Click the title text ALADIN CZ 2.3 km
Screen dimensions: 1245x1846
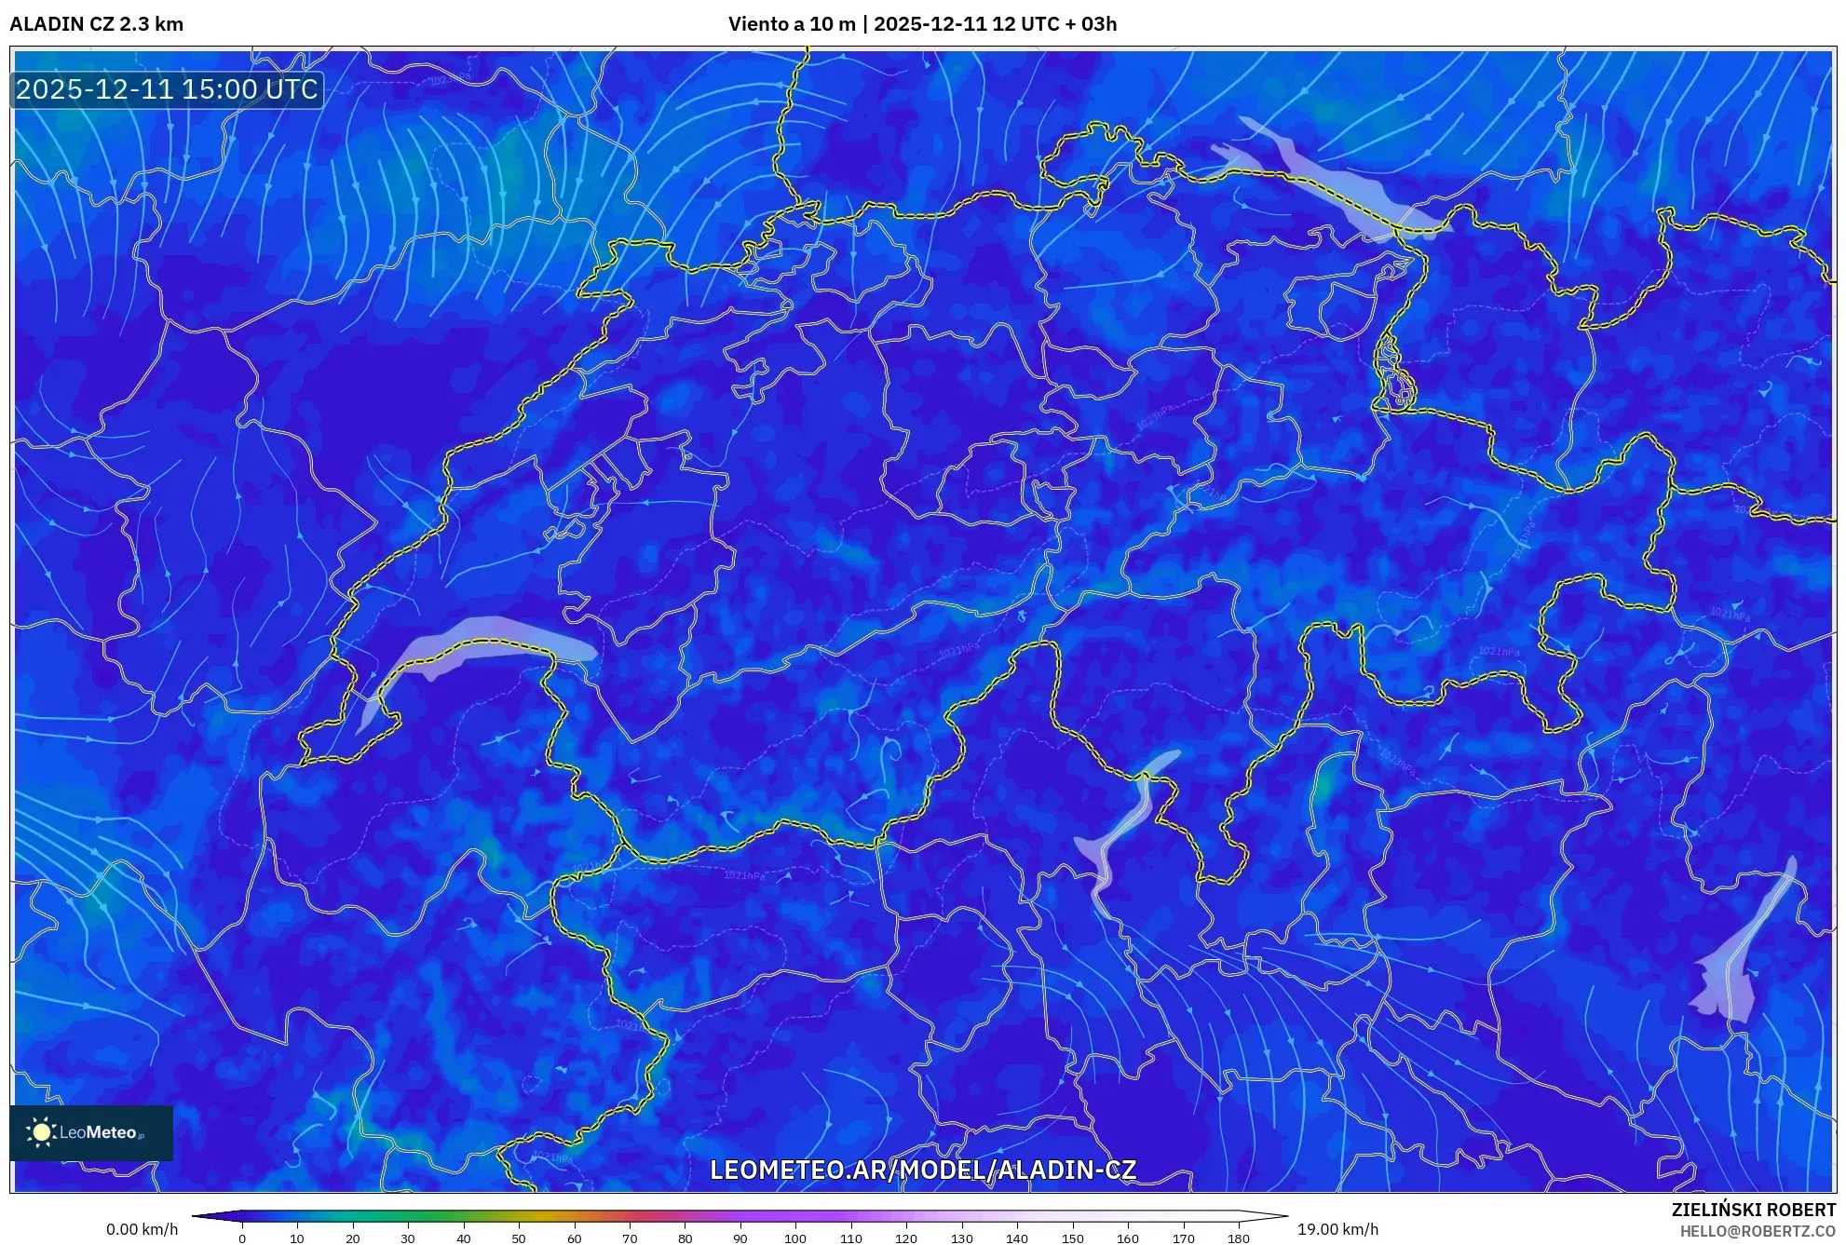[96, 24]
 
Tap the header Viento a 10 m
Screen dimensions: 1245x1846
[791, 24]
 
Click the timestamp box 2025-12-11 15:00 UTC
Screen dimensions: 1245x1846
[167, 89]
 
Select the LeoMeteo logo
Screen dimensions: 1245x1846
[91, 1132]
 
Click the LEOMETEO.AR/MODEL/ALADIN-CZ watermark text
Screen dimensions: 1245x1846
[922, 1170]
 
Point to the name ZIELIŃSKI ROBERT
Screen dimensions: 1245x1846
[1753, 1210]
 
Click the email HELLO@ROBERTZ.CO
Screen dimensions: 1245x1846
[1758, 1231]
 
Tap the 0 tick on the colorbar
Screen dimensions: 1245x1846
[242, 1238]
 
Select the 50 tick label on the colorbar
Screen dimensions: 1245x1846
[519, 1238]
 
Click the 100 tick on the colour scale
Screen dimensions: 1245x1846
[795, 1238]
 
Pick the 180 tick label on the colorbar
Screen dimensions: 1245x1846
[1238, 1238]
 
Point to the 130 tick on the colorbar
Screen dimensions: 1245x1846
[961, 1238]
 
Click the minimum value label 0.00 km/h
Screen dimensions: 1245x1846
[142, 1229]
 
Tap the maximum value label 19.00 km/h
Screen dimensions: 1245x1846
[1337, 1229]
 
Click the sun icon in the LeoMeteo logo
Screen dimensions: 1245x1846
[41, 1132]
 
